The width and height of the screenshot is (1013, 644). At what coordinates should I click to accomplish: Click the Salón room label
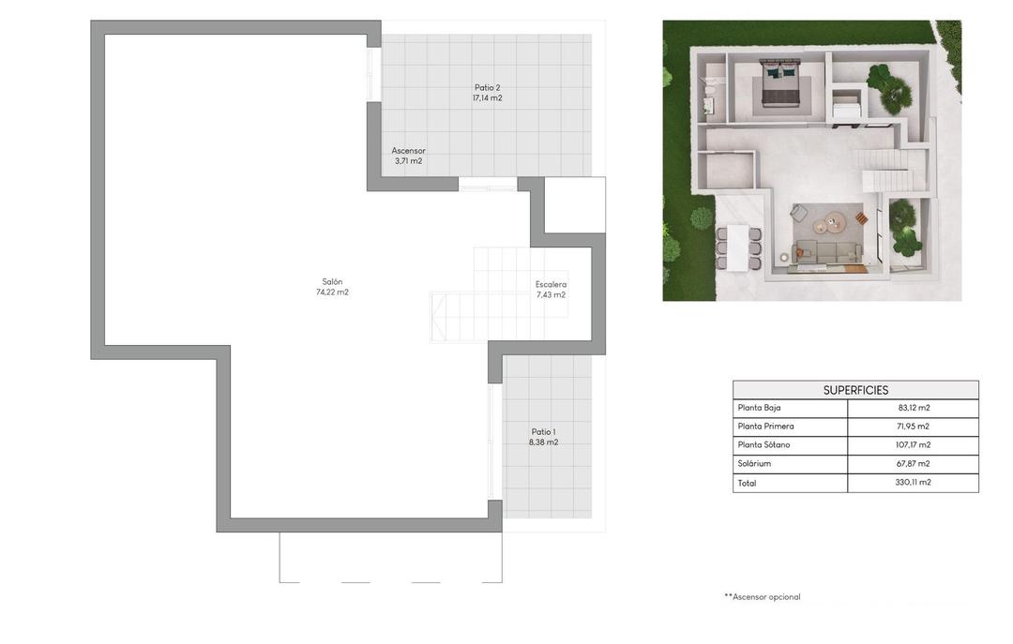[332, 281]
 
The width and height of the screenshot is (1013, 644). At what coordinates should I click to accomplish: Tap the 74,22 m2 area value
[332, 292]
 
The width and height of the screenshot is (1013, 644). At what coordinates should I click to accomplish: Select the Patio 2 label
[487, 87]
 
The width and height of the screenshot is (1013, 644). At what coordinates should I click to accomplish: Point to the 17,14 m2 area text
[487, 97]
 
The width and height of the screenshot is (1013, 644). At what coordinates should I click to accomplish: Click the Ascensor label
[408, 150]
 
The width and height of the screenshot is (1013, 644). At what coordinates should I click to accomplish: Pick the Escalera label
[551, 284]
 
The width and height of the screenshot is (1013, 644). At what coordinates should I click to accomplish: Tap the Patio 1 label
[543, 432]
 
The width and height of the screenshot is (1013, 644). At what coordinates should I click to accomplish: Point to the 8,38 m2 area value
[543, 442]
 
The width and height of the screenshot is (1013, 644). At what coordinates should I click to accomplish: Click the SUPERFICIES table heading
[855, 390]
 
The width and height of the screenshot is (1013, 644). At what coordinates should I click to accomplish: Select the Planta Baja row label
[759, 408]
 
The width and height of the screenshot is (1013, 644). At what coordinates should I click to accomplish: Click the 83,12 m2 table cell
[914, 408]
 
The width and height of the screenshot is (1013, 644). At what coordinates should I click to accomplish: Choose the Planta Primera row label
[765, 427]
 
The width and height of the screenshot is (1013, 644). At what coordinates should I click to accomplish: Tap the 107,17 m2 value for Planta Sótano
[914, 445]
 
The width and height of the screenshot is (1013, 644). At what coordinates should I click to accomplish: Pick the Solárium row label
[754, 464]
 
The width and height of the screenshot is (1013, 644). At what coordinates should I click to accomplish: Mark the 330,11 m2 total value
[914, 483]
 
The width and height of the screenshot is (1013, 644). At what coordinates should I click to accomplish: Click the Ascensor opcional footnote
[763, 597]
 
